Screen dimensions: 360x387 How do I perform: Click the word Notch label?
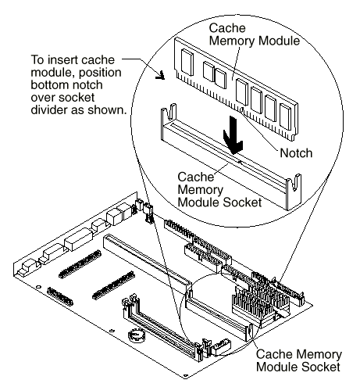pyautogui.click(x=296, y=153)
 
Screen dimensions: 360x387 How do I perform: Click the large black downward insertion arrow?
pyautogui.click(x=233, y=135)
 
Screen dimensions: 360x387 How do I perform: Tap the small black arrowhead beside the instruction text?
pyautogui.click(x=160, y=75)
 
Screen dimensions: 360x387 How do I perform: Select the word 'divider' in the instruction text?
pyautogui.click(x=49, y=110)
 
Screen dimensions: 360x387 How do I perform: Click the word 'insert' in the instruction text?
pyautogui.click(x=62, y=60)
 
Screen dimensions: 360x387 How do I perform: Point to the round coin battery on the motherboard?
pyautogui.click(x=136, y=335)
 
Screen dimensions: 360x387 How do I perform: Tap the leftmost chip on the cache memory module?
pyautogui.click(x=187, y=62)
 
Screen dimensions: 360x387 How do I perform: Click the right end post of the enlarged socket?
pyautogui.click(x=294, y=192)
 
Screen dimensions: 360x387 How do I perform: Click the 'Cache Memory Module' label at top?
pyautogui.click(x=254, y=34)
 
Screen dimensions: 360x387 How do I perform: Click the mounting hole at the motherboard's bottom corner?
pyautogui.click(x=185, y=376)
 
